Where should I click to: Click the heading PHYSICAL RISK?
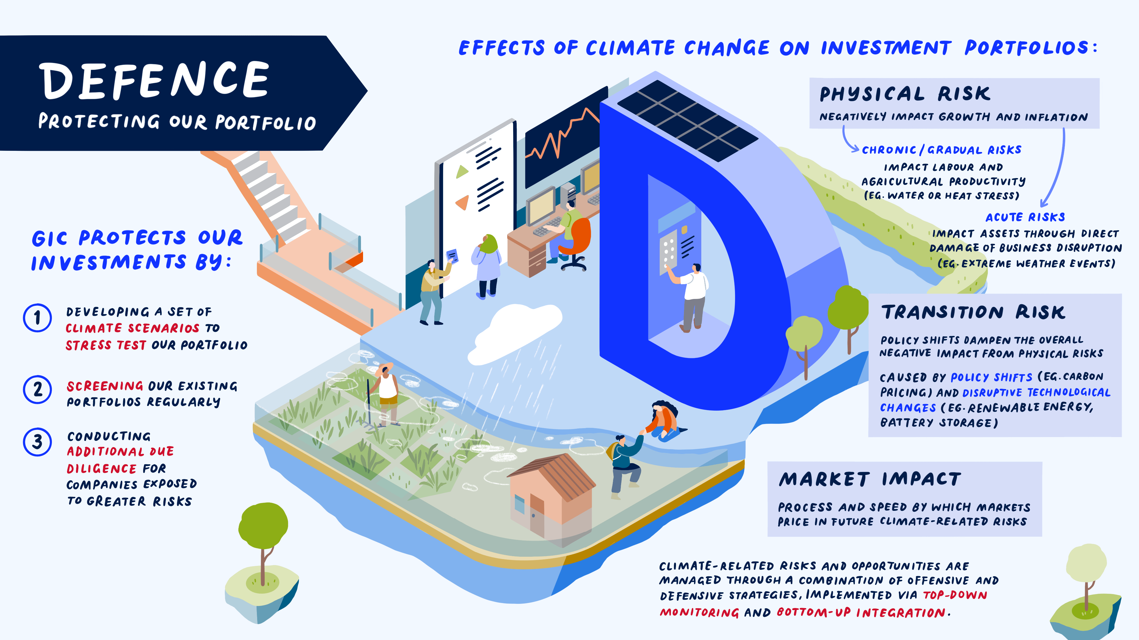tap(905, 94)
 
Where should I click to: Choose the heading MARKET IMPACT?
tap(870, 479)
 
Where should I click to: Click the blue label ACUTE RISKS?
tap(1025, 217)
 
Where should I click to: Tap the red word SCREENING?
tap(105, 386)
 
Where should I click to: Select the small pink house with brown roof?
tap(551, 495)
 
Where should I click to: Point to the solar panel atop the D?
tap(688, 120)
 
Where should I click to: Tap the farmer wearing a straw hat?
tap(386, 393)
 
